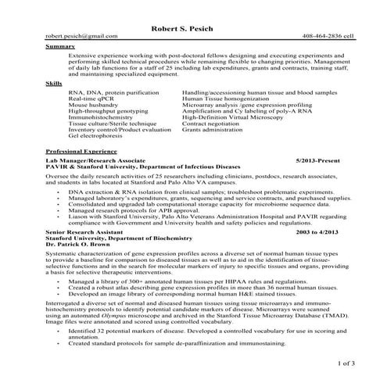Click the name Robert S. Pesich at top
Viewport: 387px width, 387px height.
[192, 30]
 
